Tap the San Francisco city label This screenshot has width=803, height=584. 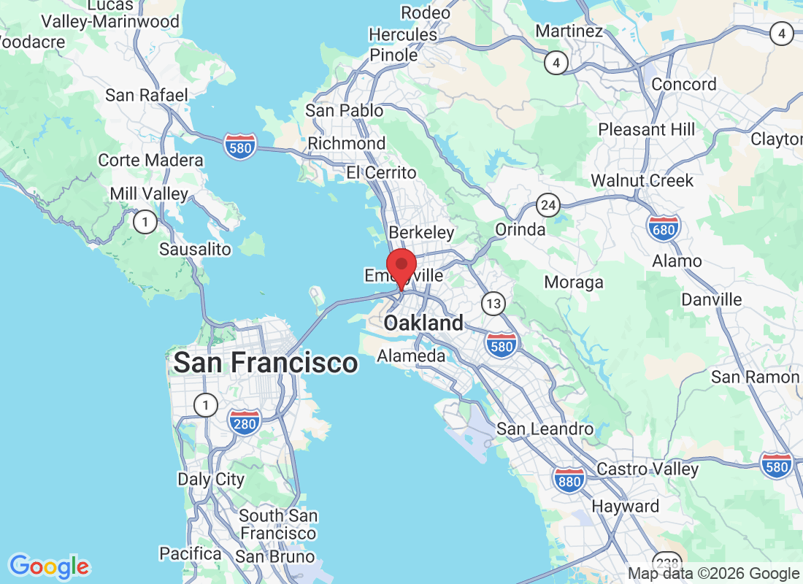click(266, 362)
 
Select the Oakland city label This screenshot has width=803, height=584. click(423, 323)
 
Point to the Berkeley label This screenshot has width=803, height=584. click(421, 232)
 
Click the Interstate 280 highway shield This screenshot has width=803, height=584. click(245, 422)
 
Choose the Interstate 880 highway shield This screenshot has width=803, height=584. click(569, 480)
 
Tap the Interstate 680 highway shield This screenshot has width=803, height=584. click(663, 228)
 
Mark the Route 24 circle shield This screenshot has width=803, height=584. click(547, 205)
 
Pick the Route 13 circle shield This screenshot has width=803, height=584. click(494, 303)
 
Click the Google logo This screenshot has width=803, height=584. click(50, 566)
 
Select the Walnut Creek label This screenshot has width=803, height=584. click(642, 180)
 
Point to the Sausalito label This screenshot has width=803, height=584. click(195, 249)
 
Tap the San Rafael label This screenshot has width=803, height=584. click(147, 95)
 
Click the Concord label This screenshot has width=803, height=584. click(684, 84)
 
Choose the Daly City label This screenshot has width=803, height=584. click(211, 479)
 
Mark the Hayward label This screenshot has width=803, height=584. click(625, 506)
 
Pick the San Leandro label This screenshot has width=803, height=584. click(545, 429)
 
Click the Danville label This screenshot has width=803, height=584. click(711, 299)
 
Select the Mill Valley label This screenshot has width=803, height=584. click(148, 194)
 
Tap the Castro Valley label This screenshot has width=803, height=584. click(648, 469)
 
